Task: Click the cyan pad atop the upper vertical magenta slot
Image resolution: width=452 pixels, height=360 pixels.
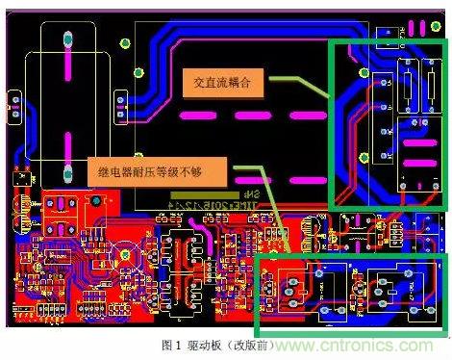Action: point(68,39)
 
